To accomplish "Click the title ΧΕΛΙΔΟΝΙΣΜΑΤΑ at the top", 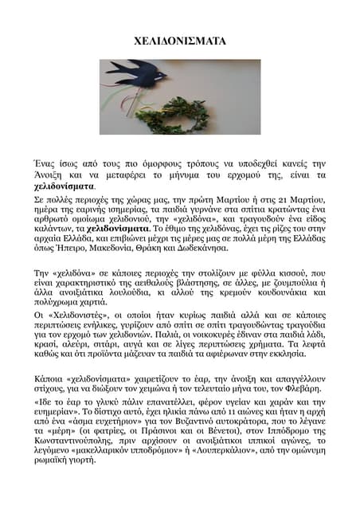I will [179, 40].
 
